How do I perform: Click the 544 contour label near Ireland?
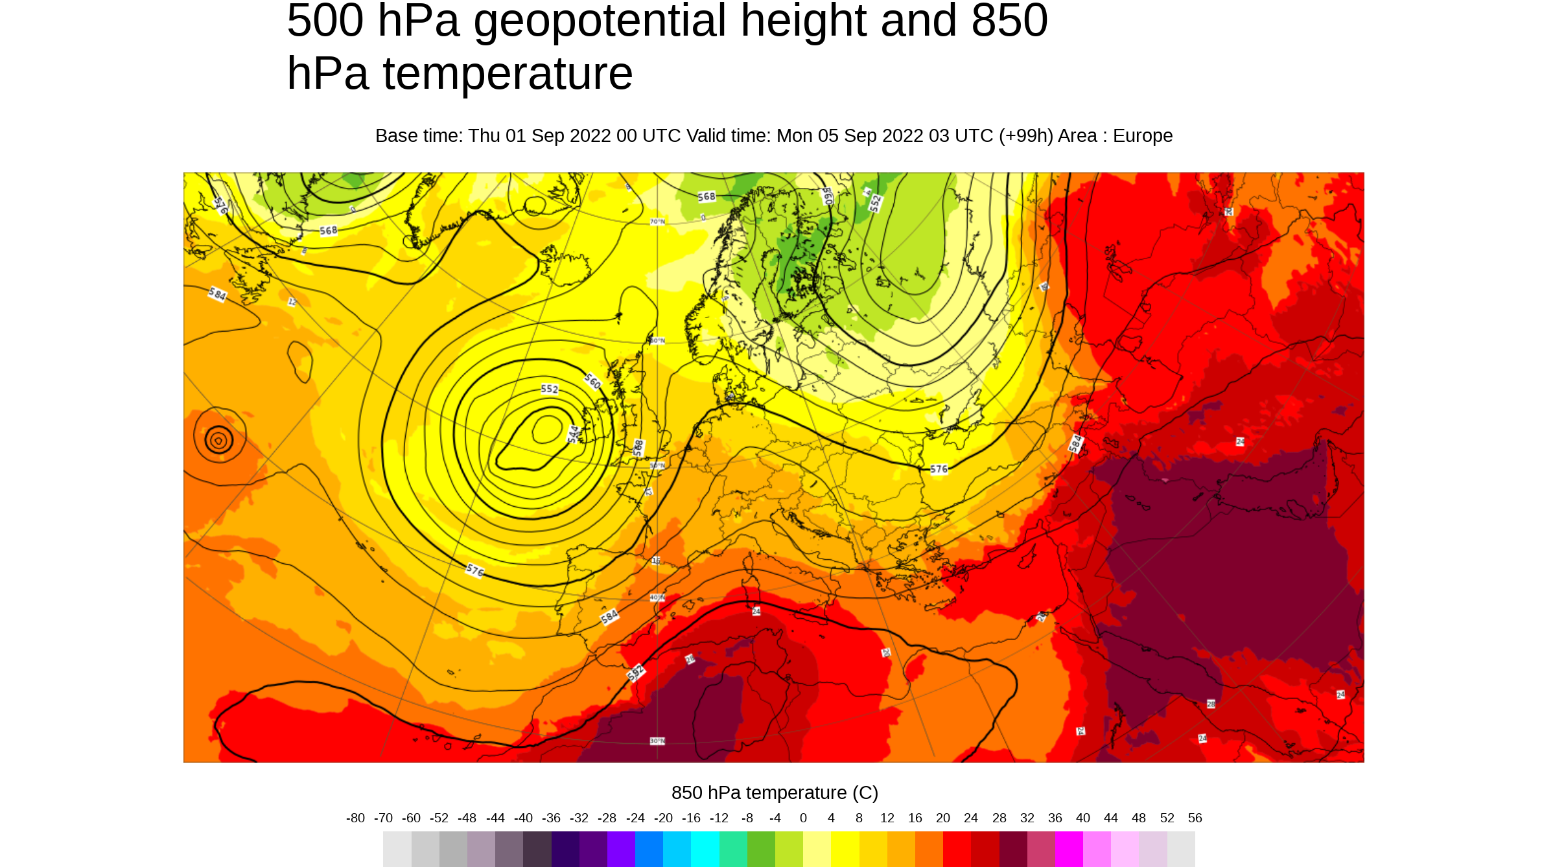click(573, 434)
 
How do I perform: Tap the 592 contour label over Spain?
click(636, 673)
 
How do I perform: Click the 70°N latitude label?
click(657, 222)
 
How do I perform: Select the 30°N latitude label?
click(657, 741)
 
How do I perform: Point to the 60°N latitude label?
click(657, 340)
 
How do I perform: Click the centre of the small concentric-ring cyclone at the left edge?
click(218, 441)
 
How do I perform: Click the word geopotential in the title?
click(600, 21)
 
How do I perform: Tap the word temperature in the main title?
click(508, 74)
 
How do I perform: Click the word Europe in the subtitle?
click(1142, 136)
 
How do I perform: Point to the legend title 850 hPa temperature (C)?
click(775, 792)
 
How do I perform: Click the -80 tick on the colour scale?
click(355, 818)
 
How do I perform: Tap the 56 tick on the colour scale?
click(1195, 818)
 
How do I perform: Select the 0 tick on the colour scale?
click(803, 818)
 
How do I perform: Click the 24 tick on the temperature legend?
click(970, 818)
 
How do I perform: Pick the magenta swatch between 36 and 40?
click(1069, 849)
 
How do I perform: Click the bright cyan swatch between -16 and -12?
click(705, 849)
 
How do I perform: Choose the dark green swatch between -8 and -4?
click(761, 849)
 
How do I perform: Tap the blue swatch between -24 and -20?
click(649, 849)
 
